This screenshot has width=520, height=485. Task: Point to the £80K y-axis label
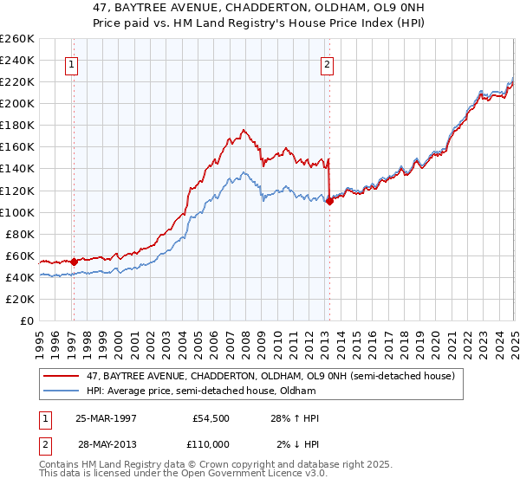click(x=20, y=234)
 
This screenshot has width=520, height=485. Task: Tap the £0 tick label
click(x=26, y=320)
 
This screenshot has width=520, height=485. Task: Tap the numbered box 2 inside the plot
click(x=328, y=63)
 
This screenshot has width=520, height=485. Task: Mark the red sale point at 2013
click(x=329, y=201)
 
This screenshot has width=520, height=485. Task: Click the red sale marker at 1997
click(x=74, y=261)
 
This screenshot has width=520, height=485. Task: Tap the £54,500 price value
click(x=211, y=418)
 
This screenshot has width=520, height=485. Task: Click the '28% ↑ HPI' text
click(x=295, y=418)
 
